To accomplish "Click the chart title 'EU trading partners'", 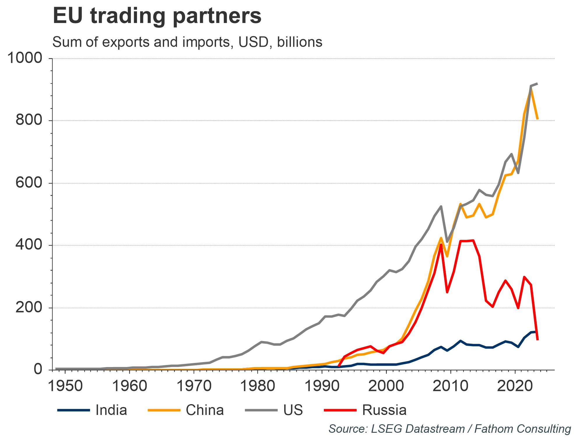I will pos(157,16).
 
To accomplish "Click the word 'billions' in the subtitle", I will pos(300,42).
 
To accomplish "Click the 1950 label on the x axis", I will pos(65,386).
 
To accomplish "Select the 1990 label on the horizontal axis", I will pos(322,386).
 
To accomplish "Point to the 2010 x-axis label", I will pos(450,386).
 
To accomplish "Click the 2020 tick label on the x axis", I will pos(515,386).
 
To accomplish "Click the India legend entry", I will pos(111,410).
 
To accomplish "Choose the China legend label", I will pos(205,410).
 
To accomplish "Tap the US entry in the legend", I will pos(293,410).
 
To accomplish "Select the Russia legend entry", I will pos(384,410).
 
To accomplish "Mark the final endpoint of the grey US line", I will pos(537,84).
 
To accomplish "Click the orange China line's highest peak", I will pos(531,89).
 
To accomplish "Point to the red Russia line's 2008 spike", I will pos(441,245).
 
